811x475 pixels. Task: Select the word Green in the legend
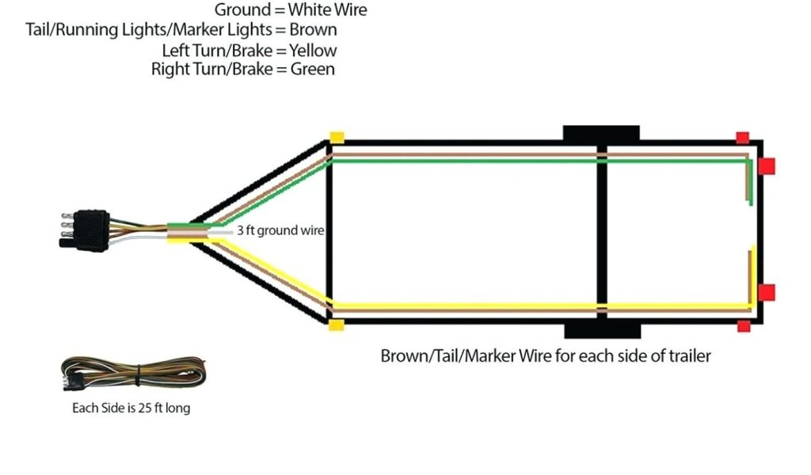click(312, 69)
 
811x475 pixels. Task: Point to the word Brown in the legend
click(313, 30)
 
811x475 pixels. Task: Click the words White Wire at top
click(328, 10)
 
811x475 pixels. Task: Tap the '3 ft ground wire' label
click(280, 230)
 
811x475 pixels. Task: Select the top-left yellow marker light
click(337, 137)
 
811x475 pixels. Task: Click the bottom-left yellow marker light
click(337, 325)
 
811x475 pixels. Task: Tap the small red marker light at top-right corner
click(742, 138)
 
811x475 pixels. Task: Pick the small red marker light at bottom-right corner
click(743, 326)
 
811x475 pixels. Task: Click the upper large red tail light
click(766, 166)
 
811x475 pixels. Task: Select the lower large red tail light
click(766, 292)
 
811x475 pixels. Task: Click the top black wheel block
click(601, 132)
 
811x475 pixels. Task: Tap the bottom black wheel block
click(601, 330)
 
